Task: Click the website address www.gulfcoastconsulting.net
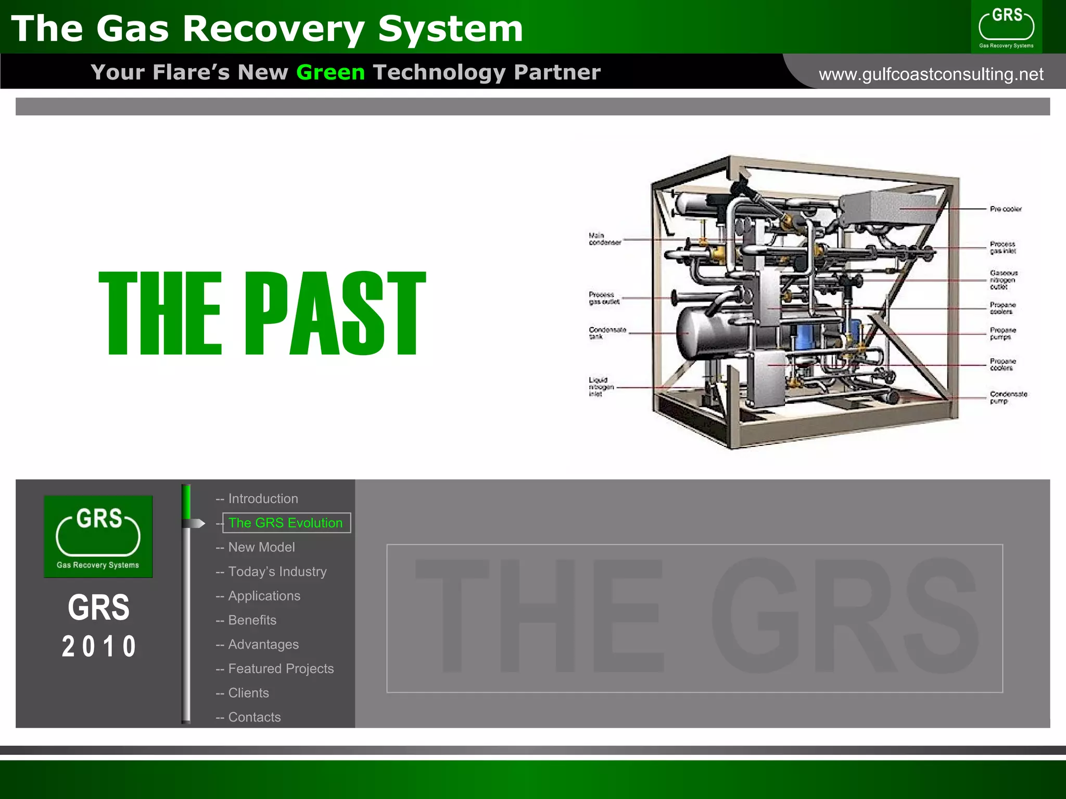point(931,74)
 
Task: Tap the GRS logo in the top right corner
point(1006,27)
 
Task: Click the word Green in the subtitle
point(331,72)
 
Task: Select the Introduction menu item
point(263,499)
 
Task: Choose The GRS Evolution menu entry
point(286,523)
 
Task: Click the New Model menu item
point(261,547)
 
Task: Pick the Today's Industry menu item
point(277,572)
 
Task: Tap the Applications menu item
point(264,596)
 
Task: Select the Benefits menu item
point(252,620)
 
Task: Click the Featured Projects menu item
point(281,669)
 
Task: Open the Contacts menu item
point(254,717)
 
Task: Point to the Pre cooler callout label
point(1006,209)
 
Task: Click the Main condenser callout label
point(605,239)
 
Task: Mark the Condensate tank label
point(607,333)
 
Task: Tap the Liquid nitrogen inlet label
point(601,387)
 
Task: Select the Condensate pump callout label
point(1008,397)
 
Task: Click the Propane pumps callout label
point(1002,333)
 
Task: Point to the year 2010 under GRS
point(99,647)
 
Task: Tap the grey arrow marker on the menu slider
point(195,523)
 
